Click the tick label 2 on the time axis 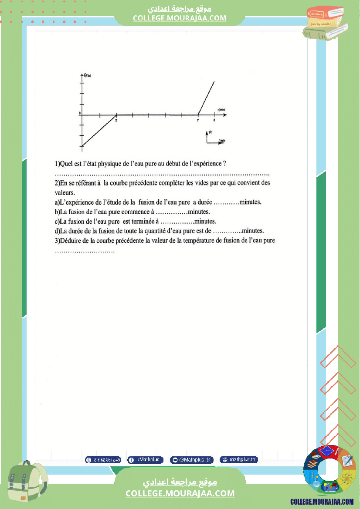[x=116, y=120]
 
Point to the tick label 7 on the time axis [x=198, y=120]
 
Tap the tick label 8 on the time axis [x=214, y=120]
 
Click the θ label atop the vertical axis [x=87, y=75]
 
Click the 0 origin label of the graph [x=80, y=113]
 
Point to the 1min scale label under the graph [x=222, y=141]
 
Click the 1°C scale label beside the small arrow [x=210, y=131]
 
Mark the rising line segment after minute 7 [x=206, y=98]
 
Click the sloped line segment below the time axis [x=99, y=131]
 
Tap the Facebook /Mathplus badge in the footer [x=146, y=460]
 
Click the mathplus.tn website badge [x=239, y=460]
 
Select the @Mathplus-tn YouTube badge [x=192, y=460]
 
